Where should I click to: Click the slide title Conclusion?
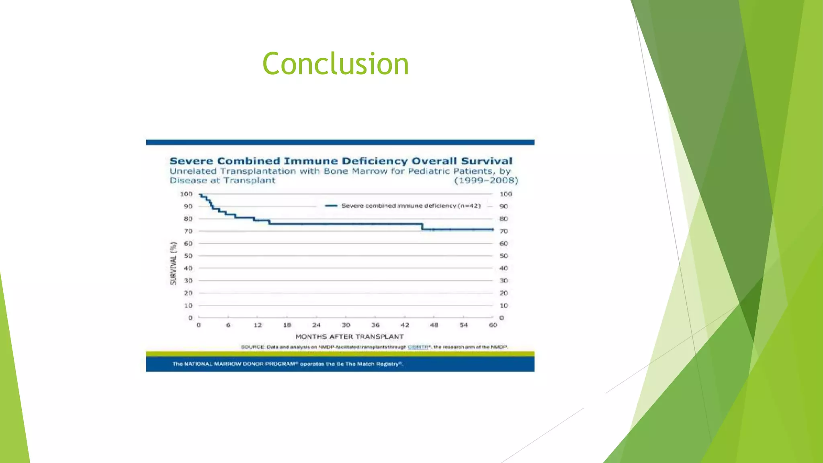[336, 64]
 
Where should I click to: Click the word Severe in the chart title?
[191, 161]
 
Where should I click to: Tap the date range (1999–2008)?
[486, 180]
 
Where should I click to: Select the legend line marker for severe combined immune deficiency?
[331, 206]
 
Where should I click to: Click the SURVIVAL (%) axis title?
[174, 263]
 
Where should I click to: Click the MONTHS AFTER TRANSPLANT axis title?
[349, 337]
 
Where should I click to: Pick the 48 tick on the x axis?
[434, 325]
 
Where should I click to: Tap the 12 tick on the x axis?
[258, 325]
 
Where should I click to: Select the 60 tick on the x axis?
[493, 325]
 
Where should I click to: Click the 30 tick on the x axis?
[346, 325]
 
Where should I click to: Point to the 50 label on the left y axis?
[188, 256]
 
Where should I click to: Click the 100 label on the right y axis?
[506, 194]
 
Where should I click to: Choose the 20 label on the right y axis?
[504, 293]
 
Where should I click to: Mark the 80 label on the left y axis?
[188, 219]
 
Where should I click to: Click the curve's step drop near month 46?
[422, 227]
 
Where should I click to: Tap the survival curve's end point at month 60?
[493, 229]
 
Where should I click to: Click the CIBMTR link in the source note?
[418, 347]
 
